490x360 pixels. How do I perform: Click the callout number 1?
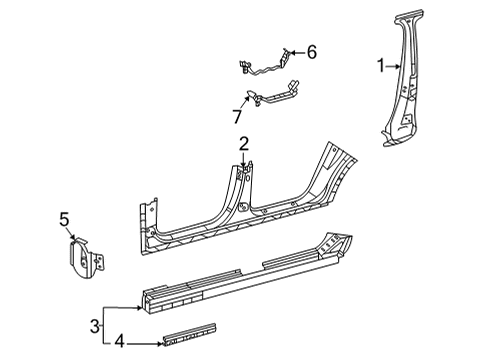pyautogui.click(x=381, y=66)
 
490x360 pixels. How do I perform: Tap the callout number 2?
pyautogui.click(x=244, y=144)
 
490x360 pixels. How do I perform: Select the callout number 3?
pyautogui.click(x=95, y=326)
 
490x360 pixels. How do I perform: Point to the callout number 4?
pyautogui.click(x=119, y=342)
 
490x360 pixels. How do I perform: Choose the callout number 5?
pyautogui.click(x=64, y=220)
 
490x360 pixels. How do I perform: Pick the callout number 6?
pyautogui.click(x=312, y=52)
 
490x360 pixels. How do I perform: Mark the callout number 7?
pyautogui.click(x=237, y=117)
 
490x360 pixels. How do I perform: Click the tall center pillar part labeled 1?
pyautogui.click(x=404, y=80)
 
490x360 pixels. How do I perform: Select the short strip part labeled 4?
pyautogui.click(x=189, y=335)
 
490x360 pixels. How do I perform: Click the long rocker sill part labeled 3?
pyautogui.click(x=247, y=273)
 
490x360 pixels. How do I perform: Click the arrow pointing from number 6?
pyautogui.click(x=298, y=52)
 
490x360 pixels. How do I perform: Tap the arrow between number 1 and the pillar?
pyautogui.click(x=393, y=67)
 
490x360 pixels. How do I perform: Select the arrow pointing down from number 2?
pyautogui.click(x=244, y=159)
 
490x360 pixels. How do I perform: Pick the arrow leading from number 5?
pyautogui.click(x=71, y=233)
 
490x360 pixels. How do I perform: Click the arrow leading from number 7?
pyautogui.click(x=245, y=103)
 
